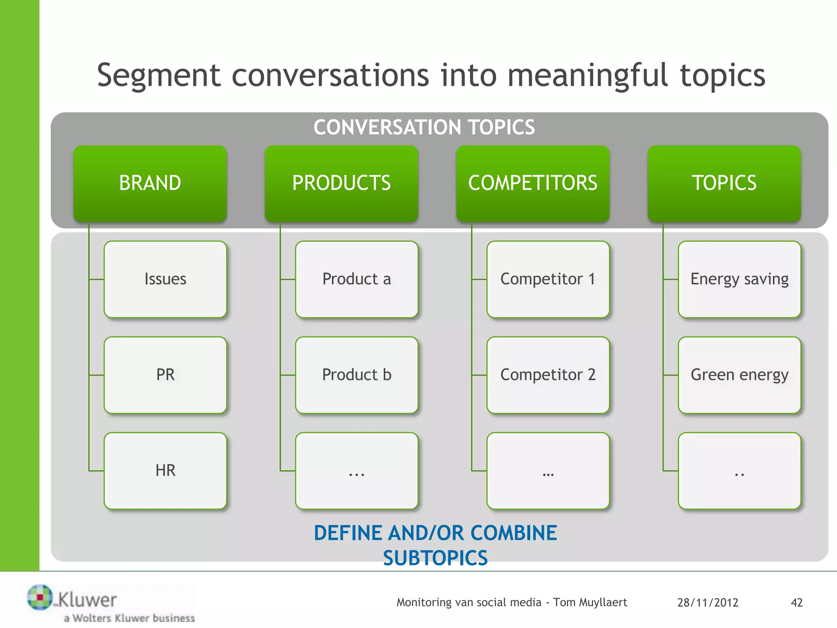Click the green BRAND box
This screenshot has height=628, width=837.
(x=150, y=183)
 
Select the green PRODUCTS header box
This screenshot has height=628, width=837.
(x=341, y=183)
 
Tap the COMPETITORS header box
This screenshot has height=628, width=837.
(x=533, y=183)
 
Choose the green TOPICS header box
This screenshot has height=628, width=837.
(x=724, y=183)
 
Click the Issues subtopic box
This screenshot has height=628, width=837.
(x=165, y=279)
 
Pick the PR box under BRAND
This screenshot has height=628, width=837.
(x=165, y=375)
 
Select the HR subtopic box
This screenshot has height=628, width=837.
(x=165, y=471)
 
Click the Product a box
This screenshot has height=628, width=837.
(x=356, y=279)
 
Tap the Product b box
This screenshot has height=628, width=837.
(x=356, y=375)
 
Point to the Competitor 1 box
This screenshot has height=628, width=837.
(x=548, y=279)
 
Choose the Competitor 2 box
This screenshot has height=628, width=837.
(x=548, y=375)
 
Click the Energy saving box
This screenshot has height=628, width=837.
(x=739, y=279)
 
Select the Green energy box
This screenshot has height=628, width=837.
(x=739, y=375)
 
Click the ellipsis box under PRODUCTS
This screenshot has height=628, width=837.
(x=356, y=471)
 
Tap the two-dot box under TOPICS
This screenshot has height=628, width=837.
(x=739, y=471)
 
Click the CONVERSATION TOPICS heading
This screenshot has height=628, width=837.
(x=424, y=127)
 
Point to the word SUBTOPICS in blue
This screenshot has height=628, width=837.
(x=435, y=558)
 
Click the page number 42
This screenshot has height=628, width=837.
(x=797, y=602)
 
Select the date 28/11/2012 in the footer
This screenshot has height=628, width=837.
(x=707, y=602)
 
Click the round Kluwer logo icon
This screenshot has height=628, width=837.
(x=40, y=597)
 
